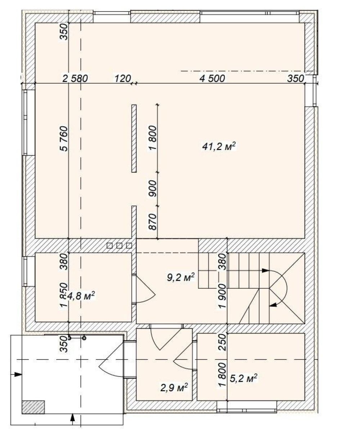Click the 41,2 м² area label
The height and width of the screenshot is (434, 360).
click(x=219, y=147)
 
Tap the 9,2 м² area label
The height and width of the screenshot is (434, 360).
click(x=181, y=277)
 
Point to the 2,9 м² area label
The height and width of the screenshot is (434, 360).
click(x=174, y=388)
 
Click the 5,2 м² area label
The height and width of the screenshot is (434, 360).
click(x=243, y=378)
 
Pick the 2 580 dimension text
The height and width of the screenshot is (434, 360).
click(x=75, y=78)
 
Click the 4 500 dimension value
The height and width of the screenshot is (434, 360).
click(x=212, y=78)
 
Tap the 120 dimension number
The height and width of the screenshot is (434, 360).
click(x=123, y=78)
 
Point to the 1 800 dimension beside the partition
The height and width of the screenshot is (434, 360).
click(x=152, y=138)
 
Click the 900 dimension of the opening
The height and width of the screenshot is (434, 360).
click(x=152, y=189)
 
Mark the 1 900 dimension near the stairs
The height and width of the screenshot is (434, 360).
click(x=222, y=297)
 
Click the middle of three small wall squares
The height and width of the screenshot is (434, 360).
click(x=119, y=245)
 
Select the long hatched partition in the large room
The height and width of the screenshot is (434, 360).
click(x=134, y=139)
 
